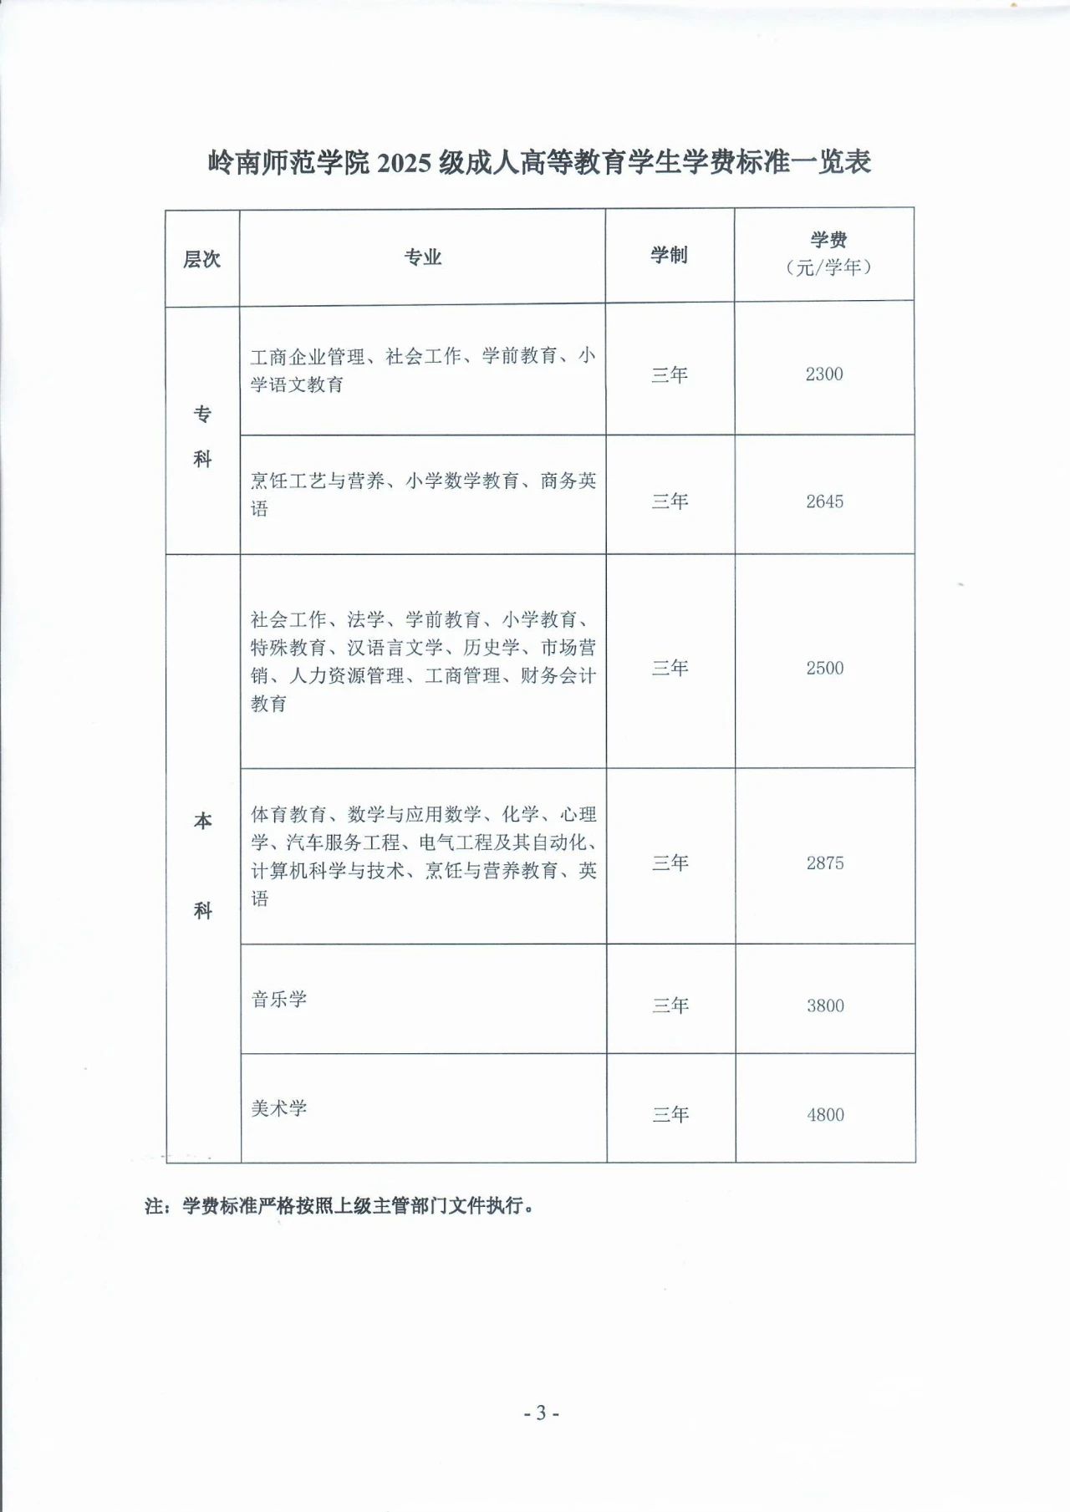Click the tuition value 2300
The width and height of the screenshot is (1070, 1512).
[824, 374]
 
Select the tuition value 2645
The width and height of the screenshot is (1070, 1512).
[824, 501]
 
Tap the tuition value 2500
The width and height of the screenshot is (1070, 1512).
[825, 668]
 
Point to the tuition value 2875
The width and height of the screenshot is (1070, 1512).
[825, 863]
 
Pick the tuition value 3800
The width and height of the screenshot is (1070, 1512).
[825, 1005]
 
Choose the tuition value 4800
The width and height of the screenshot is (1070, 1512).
[825, 1115]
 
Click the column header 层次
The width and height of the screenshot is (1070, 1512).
[201, 259]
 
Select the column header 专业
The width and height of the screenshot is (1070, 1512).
[422, 257]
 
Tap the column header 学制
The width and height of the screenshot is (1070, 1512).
[669, 255]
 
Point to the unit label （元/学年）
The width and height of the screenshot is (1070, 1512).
[828, 267]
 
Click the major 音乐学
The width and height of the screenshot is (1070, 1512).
[279, 1000]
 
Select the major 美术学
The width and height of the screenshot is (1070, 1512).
[279, 1108]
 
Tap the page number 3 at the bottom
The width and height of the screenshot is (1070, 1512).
[541, 1413]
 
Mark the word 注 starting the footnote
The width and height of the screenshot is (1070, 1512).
[154, 1206]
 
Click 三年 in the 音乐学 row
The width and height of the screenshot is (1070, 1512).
[670, 1005]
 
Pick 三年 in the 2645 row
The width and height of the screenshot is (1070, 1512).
[670, 501]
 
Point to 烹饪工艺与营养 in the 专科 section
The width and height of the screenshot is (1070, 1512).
[318, 481]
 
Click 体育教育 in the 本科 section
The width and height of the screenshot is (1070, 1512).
[289, 815]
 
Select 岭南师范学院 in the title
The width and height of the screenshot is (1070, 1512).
[288, 162]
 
